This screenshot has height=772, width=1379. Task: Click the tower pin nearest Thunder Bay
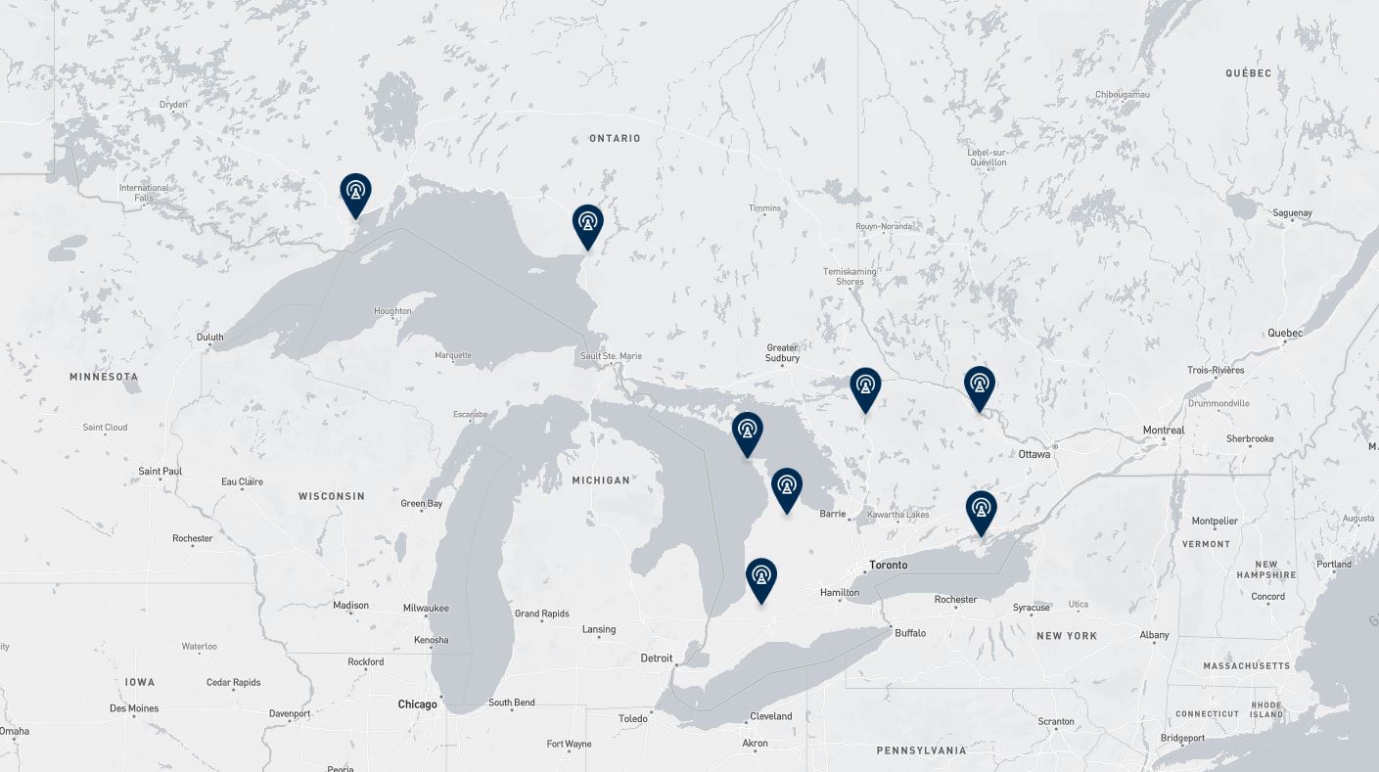[355, 192]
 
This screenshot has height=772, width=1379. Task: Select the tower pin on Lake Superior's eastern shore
[587, 224]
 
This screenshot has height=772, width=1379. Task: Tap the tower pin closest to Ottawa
[980, 386]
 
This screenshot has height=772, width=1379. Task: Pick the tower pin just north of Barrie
[787, 487]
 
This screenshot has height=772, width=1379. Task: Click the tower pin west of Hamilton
[761, 577]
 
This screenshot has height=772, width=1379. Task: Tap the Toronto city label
[889, 565]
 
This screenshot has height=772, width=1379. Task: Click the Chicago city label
[418, 704]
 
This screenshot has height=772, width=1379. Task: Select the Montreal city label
[1164, 431]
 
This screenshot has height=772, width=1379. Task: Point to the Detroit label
[657, 658]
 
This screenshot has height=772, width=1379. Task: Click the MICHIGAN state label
[601, 480]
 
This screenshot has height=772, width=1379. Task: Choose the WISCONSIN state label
[332, 496]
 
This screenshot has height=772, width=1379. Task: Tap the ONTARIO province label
[615, 138]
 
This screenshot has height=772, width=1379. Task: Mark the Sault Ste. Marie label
[611, 356]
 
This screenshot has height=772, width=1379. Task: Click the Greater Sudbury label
[783, 353]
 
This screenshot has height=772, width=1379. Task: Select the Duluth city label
[209, 338]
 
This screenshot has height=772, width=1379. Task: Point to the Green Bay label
[422, 504]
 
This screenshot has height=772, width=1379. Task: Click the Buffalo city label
[910, 633]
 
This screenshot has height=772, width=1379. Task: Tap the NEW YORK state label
[1067, 636]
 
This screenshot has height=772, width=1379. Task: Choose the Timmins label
[765, 208]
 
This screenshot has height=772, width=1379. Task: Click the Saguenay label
[1293, 213]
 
